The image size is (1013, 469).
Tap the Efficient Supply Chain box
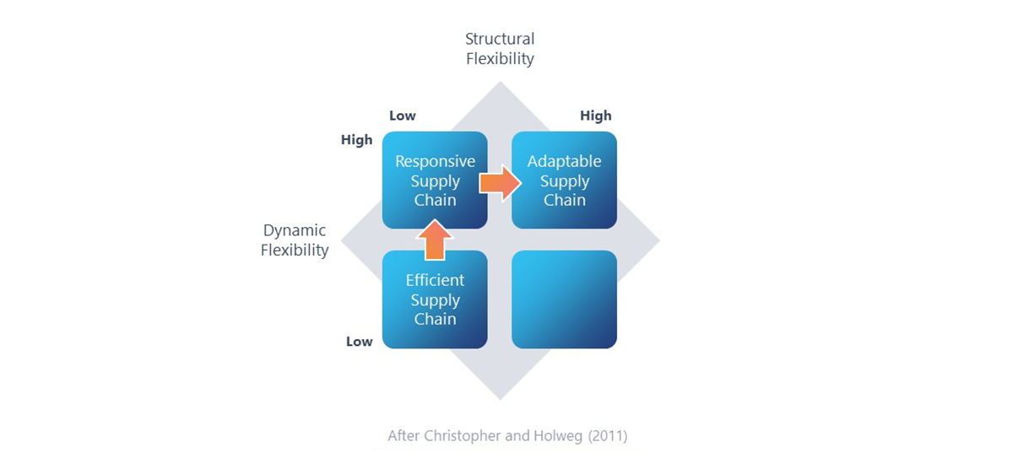435,299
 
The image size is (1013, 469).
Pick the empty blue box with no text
564,299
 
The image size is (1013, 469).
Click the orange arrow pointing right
500,182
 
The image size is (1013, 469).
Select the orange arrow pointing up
435,240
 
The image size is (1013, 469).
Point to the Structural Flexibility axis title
500,49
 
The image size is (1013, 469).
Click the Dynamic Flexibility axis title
295,240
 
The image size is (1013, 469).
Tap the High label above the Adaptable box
595,116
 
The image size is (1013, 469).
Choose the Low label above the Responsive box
403,116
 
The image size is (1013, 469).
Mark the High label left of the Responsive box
356,140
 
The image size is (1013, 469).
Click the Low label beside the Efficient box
359,342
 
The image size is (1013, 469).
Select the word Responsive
435,161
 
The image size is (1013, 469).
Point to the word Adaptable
564,161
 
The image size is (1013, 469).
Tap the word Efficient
435,280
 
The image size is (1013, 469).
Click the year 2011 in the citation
607,436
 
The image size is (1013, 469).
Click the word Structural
500,39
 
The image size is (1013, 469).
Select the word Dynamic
295,230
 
